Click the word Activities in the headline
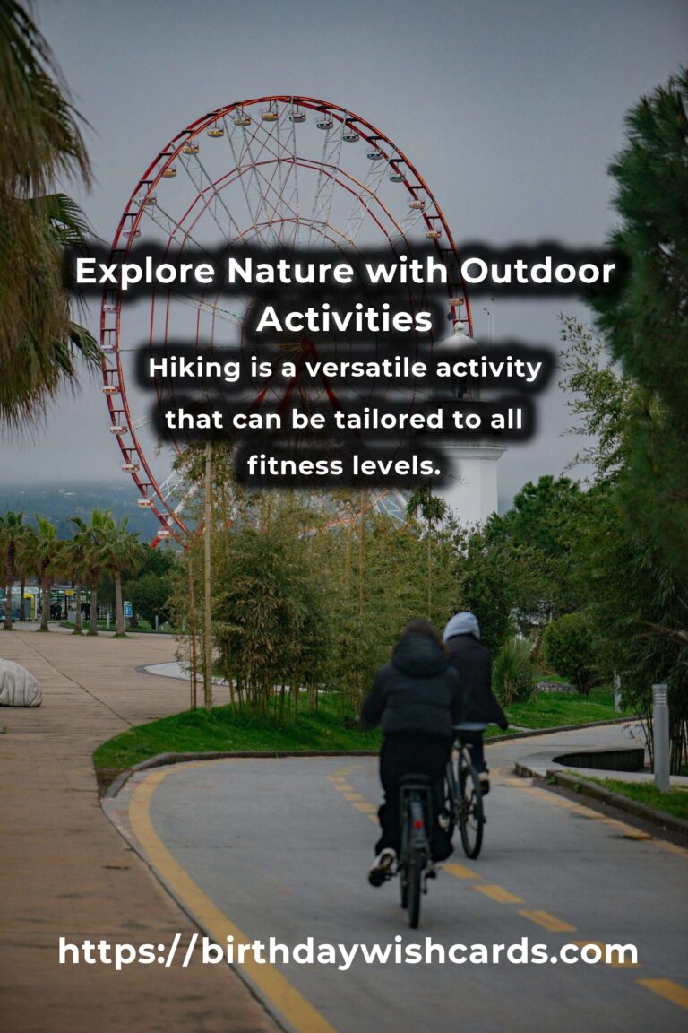pos(344,319)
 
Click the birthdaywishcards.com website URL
pos(348,951)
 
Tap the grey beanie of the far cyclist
pos(461,625)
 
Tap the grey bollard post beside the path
pos(660,737)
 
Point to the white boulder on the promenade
pos(18,683)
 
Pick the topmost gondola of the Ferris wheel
pos(297,116)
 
